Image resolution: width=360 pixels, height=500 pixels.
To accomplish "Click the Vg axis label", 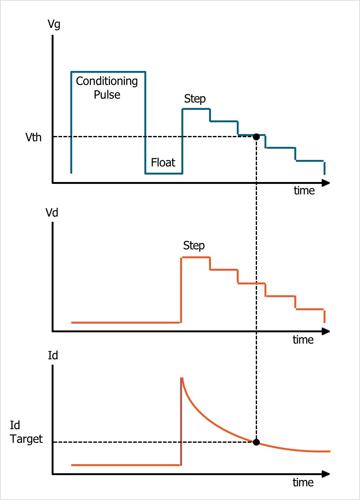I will [54, 24].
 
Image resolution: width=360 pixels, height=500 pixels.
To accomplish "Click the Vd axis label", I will [52, 213].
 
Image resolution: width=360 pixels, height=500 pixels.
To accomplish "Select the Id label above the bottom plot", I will [53, 355].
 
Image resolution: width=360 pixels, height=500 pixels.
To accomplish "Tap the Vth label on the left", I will [33, 137].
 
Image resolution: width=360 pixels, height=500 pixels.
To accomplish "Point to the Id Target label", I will [26, 432].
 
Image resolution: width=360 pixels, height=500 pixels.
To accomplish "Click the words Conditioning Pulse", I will [107, 88].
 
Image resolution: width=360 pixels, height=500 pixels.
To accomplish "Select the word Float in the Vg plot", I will [163, 162].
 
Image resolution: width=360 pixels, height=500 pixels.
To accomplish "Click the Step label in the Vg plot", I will [195, 99].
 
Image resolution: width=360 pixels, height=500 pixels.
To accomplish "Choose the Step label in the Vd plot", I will [194, 245].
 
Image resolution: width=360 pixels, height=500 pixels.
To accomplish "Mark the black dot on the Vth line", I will [256, 137].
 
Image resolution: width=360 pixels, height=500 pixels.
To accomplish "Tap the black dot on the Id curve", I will [256, 442].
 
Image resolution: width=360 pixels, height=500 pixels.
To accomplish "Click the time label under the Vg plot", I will [304, 190].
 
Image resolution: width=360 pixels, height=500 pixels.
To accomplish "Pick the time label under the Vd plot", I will [303, 339].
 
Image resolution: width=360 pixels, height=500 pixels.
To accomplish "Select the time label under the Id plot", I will [303, 482].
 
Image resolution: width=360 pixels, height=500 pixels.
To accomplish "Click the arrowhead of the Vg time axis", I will [326, 183].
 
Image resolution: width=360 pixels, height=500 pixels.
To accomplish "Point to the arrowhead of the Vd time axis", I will [326, 331].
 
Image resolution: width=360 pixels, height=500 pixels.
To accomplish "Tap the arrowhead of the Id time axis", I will [326, 474].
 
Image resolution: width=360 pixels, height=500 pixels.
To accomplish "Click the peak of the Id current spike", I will [181, 378].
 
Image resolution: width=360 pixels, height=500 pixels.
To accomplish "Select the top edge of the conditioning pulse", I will [108, 72].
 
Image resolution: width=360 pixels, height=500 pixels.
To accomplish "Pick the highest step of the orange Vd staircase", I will [196, 257].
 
